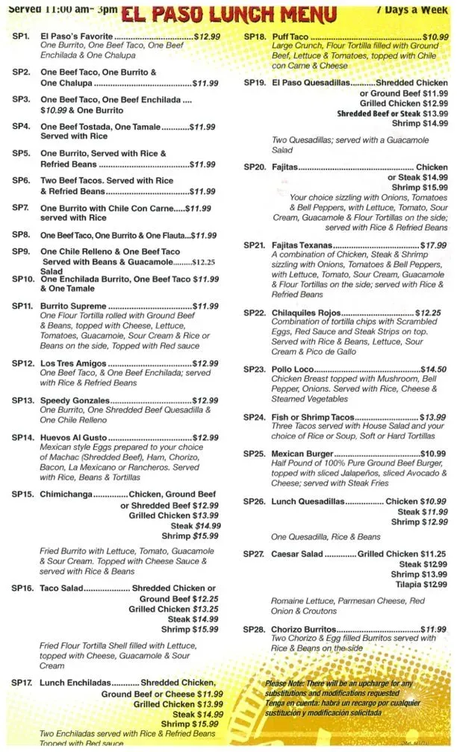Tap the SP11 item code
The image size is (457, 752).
[22, 306]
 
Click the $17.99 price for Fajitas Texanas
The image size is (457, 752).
[433, 245]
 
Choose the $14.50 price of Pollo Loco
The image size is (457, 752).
[433, 369]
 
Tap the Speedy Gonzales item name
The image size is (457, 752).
[75, 401]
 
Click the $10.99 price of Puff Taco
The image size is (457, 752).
[435, 37]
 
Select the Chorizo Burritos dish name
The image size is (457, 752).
[304, 630]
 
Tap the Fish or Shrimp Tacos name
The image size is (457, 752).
[312, 417]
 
